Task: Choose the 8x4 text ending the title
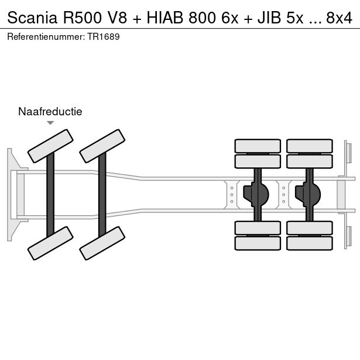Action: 339,18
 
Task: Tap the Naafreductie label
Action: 50,111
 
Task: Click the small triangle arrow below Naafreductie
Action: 50,123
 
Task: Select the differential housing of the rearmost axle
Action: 309,192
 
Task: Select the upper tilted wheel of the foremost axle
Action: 51,146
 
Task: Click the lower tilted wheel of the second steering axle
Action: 102,243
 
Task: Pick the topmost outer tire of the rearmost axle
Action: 309,146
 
